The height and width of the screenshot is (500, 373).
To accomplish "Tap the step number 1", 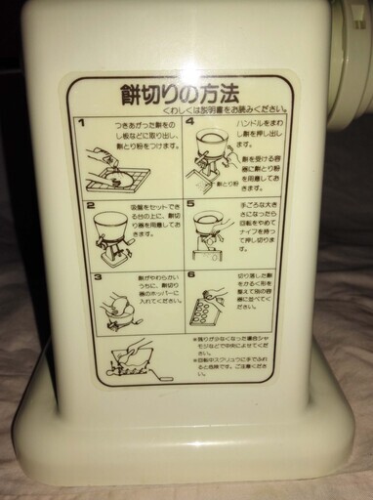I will coord(86,125).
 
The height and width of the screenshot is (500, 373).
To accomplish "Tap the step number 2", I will coord(89,207).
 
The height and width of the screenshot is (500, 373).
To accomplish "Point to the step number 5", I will coord(191,207).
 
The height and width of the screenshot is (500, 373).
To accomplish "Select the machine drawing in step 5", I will coord(207,239).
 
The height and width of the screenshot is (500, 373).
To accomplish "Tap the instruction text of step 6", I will coord(253,291).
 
